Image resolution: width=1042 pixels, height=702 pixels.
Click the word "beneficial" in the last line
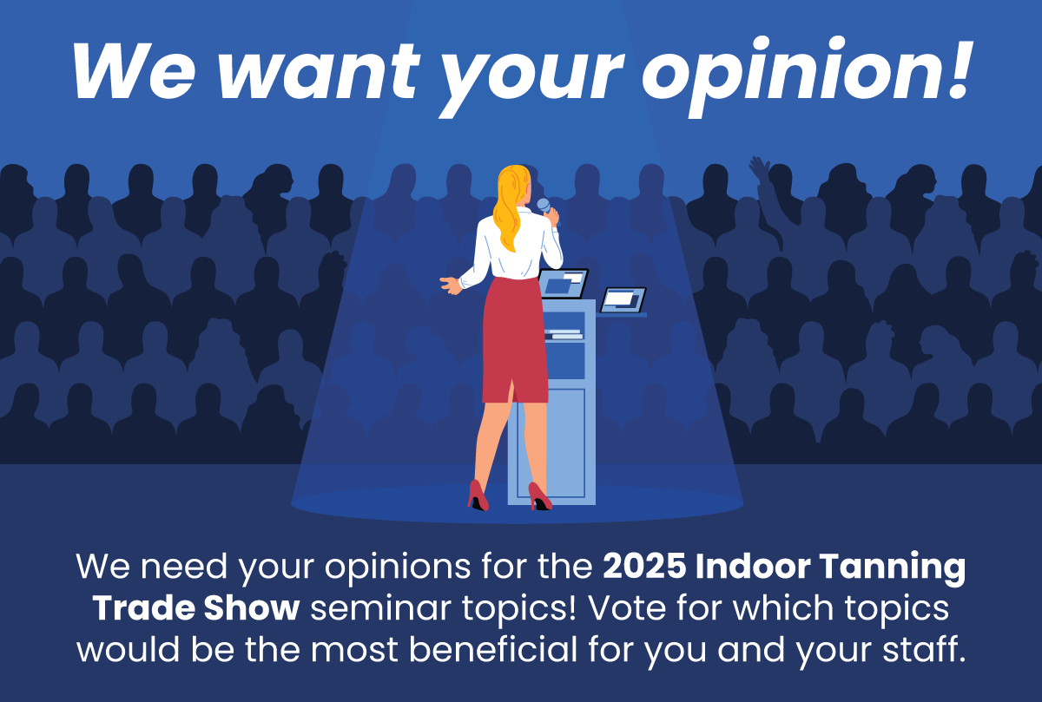coord(493,649)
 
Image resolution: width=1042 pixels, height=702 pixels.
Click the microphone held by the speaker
coord(546,207)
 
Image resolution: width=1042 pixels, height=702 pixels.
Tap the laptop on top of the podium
coord(563,283)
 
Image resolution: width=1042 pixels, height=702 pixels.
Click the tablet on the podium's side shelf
coord(623,300)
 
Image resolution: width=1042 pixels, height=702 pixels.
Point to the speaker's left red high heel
coord(478,495)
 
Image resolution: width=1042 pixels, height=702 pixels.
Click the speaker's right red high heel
coord(539,496)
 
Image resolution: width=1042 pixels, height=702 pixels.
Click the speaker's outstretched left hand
coord(451,285)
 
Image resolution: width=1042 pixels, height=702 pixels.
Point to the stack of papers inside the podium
coord(564,334)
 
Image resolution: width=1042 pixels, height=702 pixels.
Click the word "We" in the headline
coord(134,72)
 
